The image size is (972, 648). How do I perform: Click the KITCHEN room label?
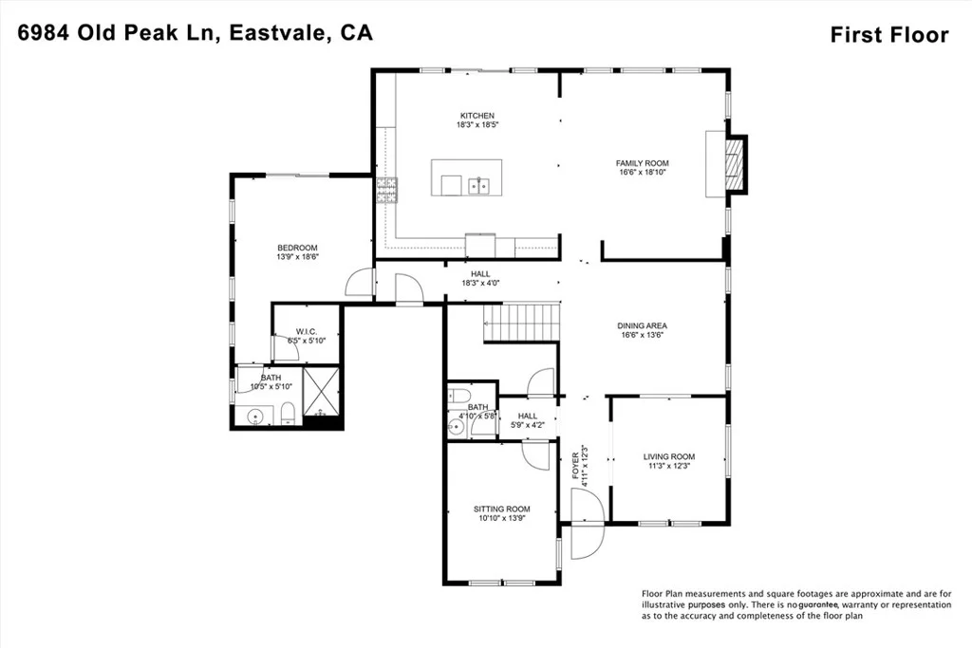pos(477,116)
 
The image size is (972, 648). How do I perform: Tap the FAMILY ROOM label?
pos(643,163)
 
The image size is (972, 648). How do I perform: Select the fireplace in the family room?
pos(735,164)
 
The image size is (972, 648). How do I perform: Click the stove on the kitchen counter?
pos(386,190)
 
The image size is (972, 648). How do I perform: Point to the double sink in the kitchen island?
pos(478,186)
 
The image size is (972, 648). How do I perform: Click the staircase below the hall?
pos(522,323)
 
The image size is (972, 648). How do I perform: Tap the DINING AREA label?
pos(643,325)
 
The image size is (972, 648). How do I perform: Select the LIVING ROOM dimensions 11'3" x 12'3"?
pos(669,466)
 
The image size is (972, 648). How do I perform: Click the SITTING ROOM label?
pos(502,509)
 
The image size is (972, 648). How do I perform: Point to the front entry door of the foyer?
pos(587,524)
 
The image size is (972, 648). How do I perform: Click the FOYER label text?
pos(575,465)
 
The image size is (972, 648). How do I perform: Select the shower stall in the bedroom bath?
pos(321,392)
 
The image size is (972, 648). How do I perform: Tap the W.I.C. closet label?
pos(307,332)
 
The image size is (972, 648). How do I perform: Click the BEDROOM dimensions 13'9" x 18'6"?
pos(297,256)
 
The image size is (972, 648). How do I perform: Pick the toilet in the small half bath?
pos(459,395)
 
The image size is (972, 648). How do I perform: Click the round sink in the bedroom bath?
pos(255,417)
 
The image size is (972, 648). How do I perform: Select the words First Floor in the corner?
pos(889,35)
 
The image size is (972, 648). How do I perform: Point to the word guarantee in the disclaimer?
pos(818,604)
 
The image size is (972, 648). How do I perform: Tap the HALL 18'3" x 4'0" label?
pos(480,278)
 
